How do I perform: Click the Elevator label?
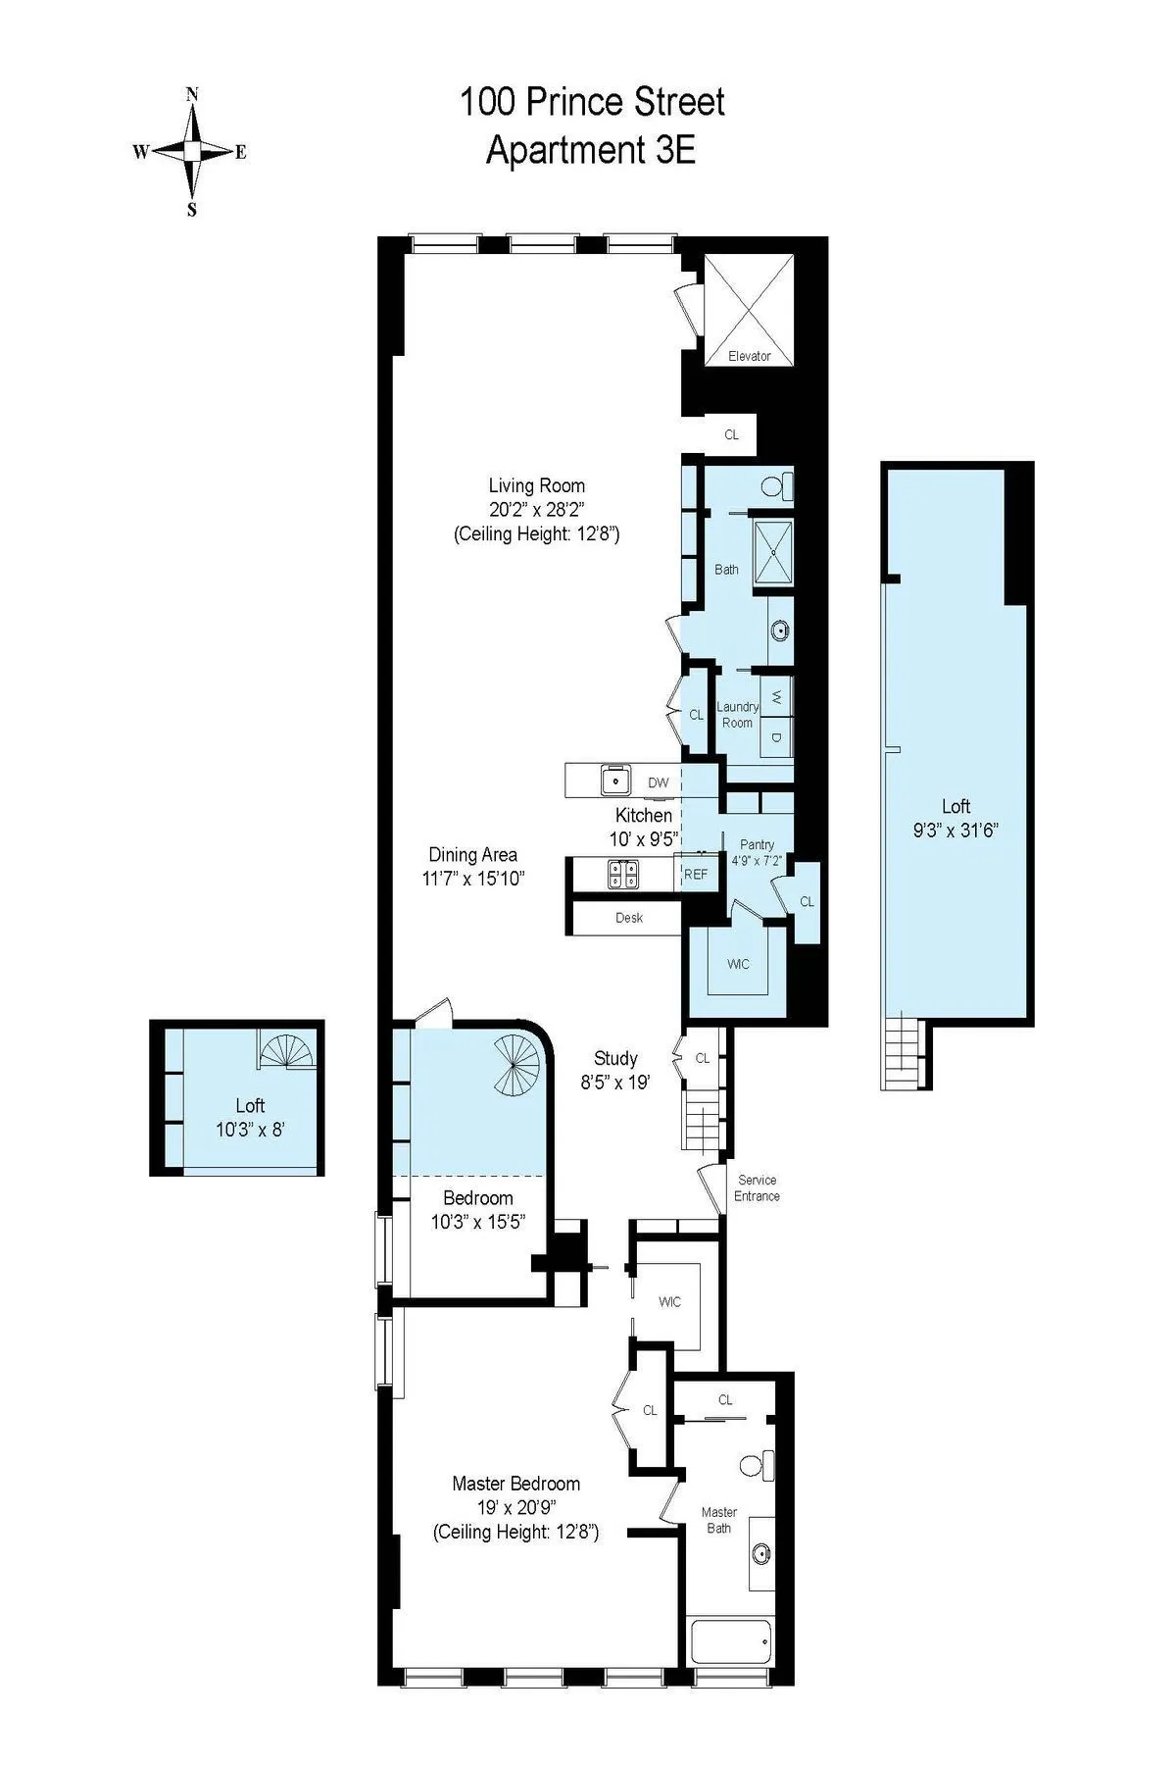[749, 356]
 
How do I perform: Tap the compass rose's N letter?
[192, 95]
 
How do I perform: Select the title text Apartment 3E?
[591, 151]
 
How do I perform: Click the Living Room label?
[536, 485]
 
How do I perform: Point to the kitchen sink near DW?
[615, 782]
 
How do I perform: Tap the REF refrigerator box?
[696, 874]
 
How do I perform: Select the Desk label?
[629, 918]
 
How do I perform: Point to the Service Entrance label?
[757, 1187]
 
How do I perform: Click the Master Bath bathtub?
[731, 1640]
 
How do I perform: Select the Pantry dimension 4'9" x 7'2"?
[757, 861]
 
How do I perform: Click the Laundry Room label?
[737, 714]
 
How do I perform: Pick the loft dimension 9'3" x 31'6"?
[955, 830]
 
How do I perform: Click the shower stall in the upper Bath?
[773, 551]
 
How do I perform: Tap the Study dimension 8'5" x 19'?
[615, 1083]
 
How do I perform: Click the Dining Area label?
[472, 854]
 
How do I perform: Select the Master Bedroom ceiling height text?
[515, 1532]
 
